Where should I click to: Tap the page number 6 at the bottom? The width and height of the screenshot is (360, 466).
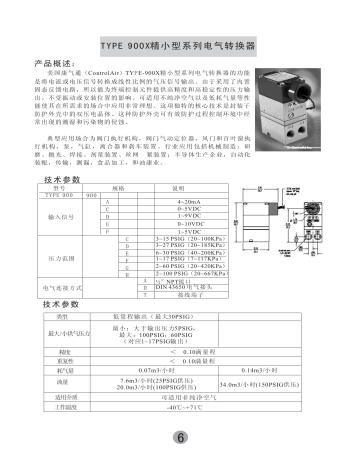[x=179, y=438]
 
